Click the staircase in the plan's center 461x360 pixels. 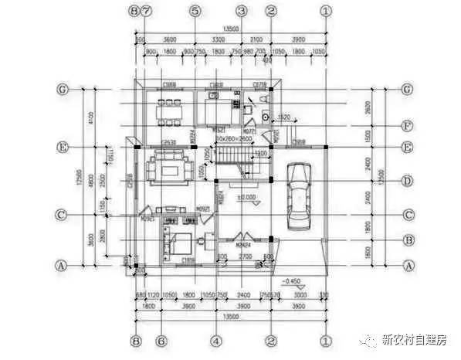point(232,165)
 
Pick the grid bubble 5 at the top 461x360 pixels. point(195,12)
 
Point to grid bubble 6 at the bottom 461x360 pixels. point(160,340)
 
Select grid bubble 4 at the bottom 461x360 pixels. point(216,340)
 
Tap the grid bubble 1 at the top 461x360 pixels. point(326,12)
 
